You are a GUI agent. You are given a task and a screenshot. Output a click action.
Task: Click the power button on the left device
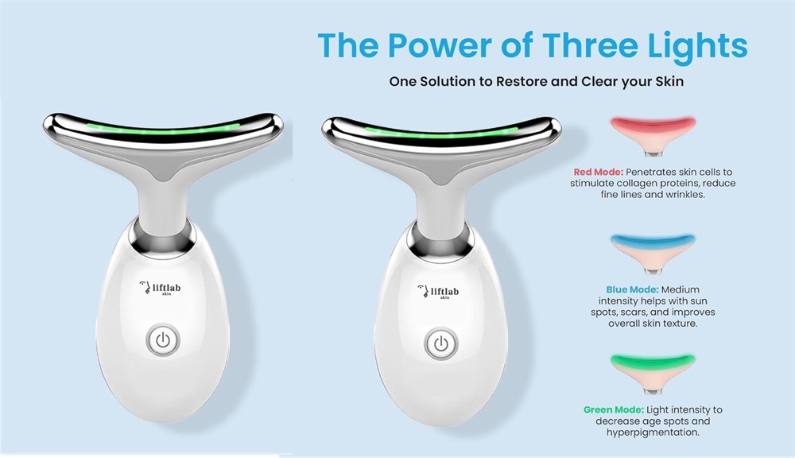[x=163, y=340]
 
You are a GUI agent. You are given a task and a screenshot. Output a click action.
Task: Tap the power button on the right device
[x=441, y=343]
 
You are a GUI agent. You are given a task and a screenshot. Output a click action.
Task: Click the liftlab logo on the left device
[x=160, y=288]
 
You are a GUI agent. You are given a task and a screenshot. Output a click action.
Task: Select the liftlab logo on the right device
[x=438, y=292]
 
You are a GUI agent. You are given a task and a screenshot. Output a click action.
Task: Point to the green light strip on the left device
[x=163, y=129]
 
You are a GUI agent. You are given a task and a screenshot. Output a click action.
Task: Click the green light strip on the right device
[x=441, y=133]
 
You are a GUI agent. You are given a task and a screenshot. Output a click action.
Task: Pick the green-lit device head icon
[x=653, y=374]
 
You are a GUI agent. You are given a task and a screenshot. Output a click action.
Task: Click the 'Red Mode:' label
[x=599, y=172]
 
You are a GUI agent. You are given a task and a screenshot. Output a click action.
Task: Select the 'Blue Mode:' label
[x=632, y=289]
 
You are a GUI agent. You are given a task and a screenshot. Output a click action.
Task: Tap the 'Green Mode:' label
[x=614, y=409]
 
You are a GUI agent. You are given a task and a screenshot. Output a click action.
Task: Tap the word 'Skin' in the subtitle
[x=669, y=82]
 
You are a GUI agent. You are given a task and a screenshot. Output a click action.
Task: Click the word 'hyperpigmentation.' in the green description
[x=653, y=433]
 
